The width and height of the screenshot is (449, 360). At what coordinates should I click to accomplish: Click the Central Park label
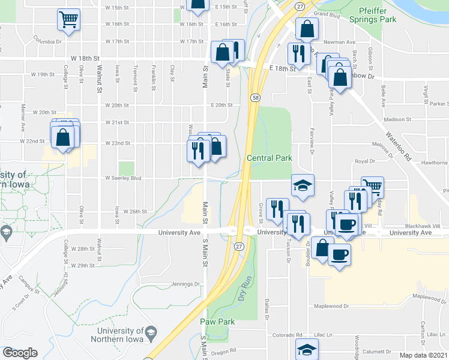(x=270, y=158)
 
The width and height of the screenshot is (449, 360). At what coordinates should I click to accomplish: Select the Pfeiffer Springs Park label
(x=378, y=15)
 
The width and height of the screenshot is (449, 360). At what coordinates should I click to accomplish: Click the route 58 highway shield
(x=256, y=97)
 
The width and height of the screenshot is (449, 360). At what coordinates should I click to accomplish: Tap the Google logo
(x=20, y=353)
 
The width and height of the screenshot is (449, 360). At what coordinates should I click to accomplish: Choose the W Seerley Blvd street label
(x=123, y=178)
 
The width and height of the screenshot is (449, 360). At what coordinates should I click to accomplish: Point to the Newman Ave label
(x=340, y=43)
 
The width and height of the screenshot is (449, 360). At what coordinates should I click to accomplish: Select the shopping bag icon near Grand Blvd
(x=307, y=28)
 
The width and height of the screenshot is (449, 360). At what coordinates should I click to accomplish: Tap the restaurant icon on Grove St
(x=277, y=208)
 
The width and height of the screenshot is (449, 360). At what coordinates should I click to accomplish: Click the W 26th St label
(x=135, y=211)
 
